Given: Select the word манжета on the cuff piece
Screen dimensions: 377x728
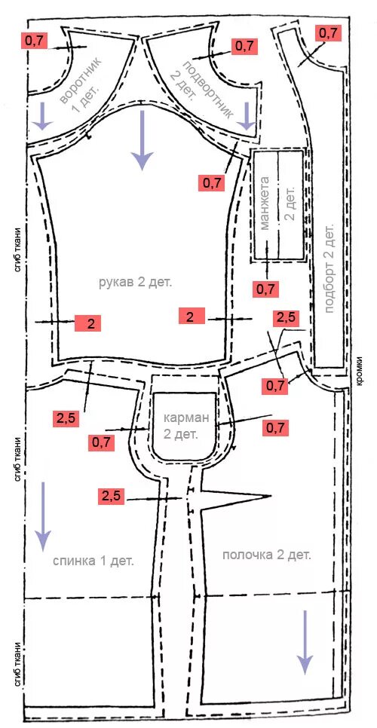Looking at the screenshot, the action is click(x=265, y=203).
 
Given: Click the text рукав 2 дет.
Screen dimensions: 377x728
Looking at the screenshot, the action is click(x=136, y=283).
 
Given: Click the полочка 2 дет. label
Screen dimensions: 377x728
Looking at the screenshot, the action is click(x=267, y=555).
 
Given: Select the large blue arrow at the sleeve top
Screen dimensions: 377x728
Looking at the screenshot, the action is click(x=142, y=139).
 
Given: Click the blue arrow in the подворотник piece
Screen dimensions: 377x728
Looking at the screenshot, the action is click(x=247, y=116).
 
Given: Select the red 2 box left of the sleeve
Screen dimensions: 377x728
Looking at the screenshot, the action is click(x=87, y=323).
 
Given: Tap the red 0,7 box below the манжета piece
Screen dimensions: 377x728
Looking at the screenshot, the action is click(x=265, y=289).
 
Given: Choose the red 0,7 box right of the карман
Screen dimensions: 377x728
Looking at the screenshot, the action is click(x=276, y=427).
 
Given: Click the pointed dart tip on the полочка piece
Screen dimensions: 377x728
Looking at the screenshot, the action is click(x=270, y=497).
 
